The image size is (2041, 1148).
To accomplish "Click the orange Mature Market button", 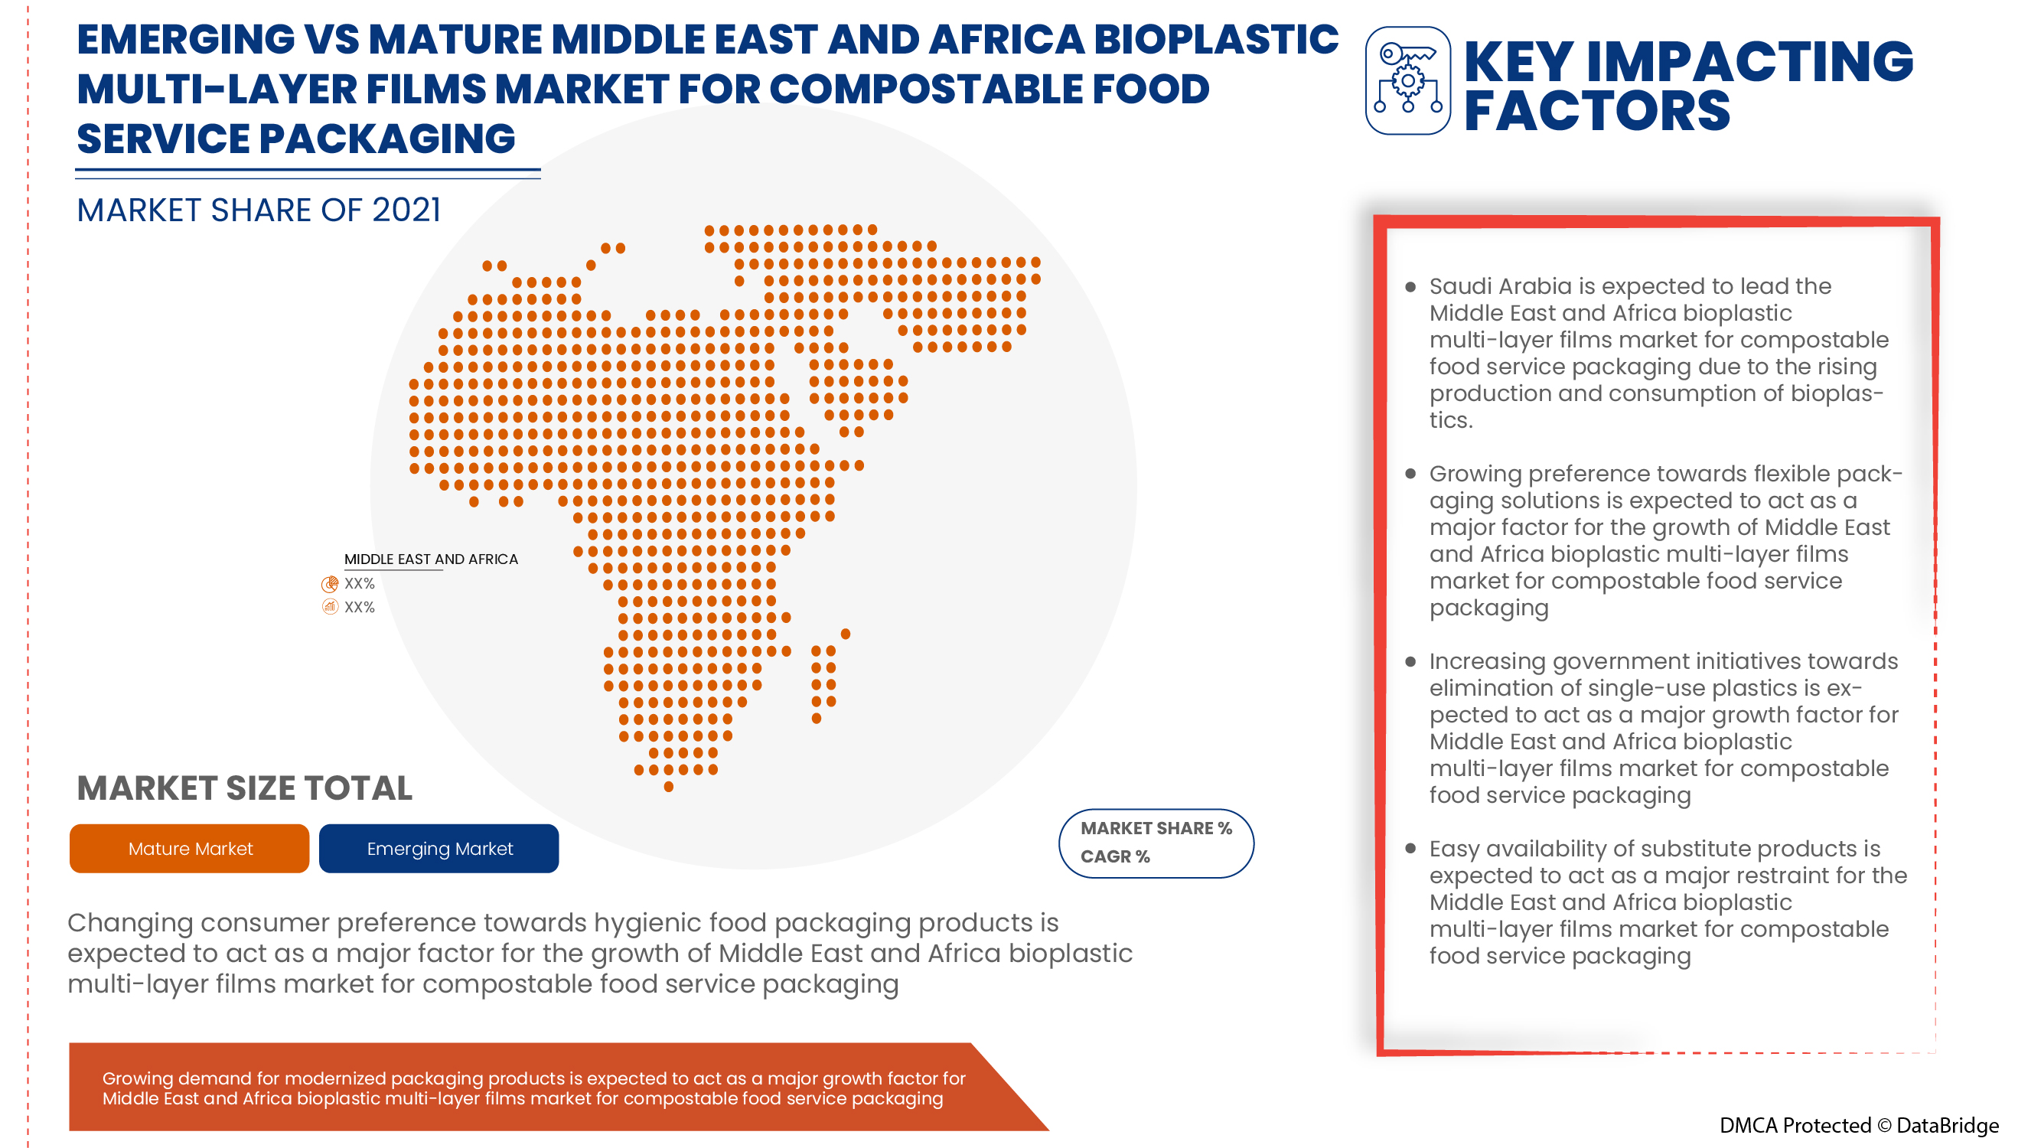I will (x=189, y=849).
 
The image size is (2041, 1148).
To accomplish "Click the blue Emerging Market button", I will (x=439, y=849).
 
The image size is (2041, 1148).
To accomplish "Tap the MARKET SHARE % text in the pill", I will (x=1156, y=828).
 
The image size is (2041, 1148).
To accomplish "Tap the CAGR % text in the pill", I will (x=1115, y=856).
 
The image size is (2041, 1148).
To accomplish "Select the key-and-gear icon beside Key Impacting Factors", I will (x=1408, y=81).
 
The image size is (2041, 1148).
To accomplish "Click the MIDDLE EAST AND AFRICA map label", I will (x=431, y=559).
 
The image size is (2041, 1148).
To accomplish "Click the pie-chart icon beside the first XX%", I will (x=330, y=584).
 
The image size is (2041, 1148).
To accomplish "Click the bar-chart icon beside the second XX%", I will (x=330, y=607).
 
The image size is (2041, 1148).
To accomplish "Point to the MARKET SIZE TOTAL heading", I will (x=244, y=788).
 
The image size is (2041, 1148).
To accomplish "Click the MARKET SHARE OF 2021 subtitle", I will (x=259, y=210).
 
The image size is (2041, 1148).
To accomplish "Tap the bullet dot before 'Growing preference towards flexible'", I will (x=1410, y=474).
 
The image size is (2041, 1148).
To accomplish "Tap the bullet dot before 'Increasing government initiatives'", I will (x=1410, y=661).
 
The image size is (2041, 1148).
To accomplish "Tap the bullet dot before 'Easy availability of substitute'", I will (x=1410, y=849).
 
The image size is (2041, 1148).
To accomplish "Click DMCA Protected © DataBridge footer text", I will (x=1859, y=1125).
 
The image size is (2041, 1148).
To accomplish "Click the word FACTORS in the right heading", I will (x=1596, y=111).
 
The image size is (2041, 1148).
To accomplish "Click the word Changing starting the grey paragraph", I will (x=130, y=923).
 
